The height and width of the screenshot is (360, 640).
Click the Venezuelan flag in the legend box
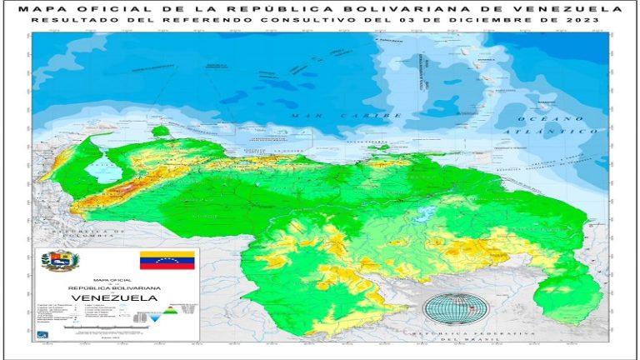click(x=167, y=260)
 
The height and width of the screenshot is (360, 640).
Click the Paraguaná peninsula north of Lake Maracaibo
click(x=160, y=131)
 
